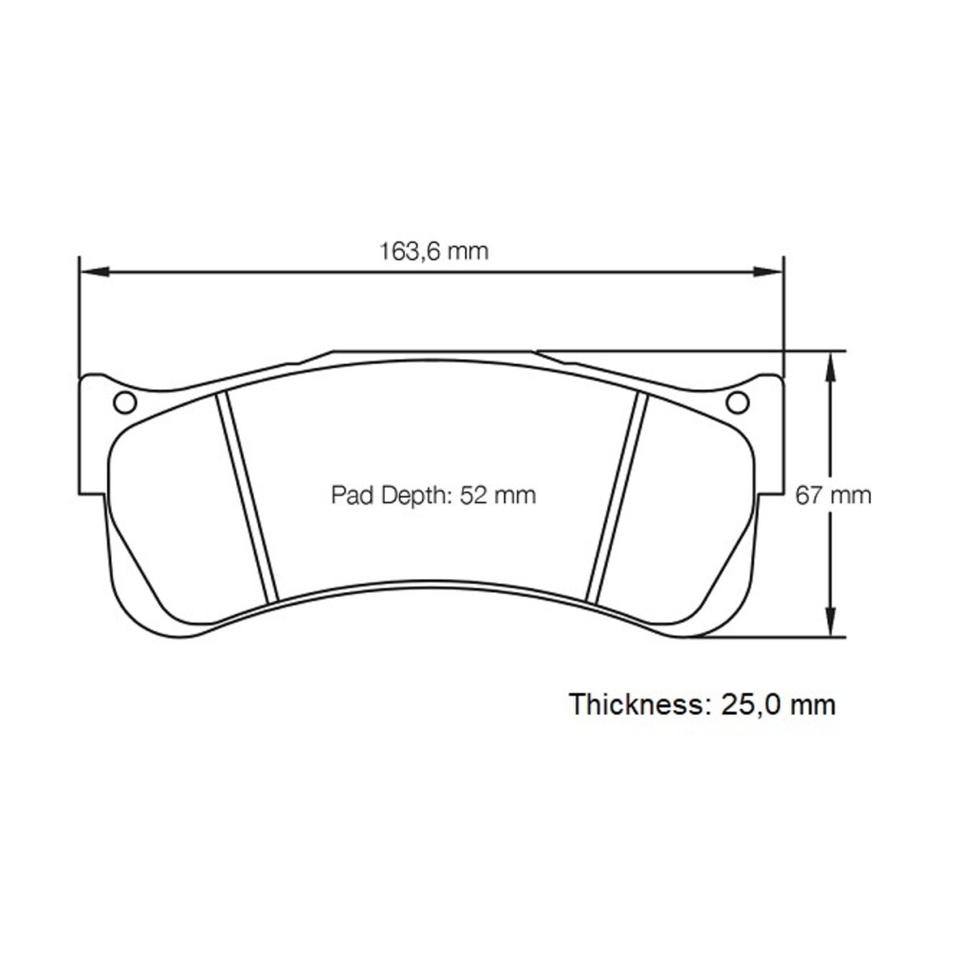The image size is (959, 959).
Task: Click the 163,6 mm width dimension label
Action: (x=434, y=252)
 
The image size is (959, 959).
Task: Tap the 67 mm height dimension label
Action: (x=833, y=496)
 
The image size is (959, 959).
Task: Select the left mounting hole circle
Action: (x=125, y=402)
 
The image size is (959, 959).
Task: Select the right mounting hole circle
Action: (x=738, y=402)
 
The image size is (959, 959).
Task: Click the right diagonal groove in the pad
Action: (x=616, y=496)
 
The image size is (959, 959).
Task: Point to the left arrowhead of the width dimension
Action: (x=95, y=271)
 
